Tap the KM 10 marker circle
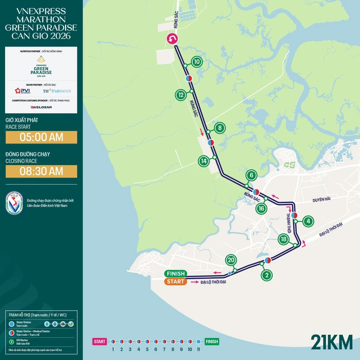click(x=197, y=62)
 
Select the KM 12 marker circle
click(x=181, y=94)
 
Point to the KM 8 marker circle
click(x=220, y=128)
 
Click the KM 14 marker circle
click(x=204, y=161)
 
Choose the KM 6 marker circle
click(x=251, y=175)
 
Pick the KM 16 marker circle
click(x=261, y=208)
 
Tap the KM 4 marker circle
click(x=308, y=221)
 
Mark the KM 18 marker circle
click(x=283, y=240)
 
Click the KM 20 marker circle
click(x=230, y=260)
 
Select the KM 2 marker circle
click(x=267, y=275)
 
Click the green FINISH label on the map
click(x=176, y=274)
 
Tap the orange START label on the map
click(x=176, y=282)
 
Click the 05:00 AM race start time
click(x=41, y=137)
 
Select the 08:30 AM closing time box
click(x=41, y=171)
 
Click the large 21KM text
click(x=331, y=341)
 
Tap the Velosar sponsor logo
click(x=41, y=107)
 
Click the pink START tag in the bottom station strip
click(x=100, y=341)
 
